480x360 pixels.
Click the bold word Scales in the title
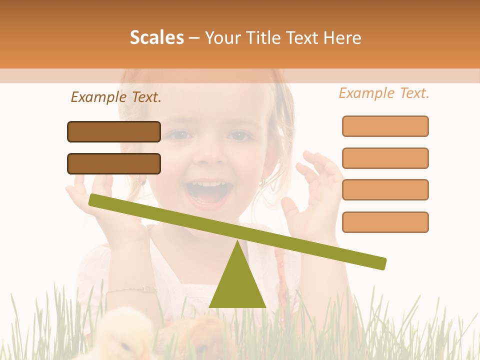point(157,37)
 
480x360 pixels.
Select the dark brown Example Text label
point(116,97)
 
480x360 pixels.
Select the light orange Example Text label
point(384,93)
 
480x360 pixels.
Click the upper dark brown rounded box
point(114,131)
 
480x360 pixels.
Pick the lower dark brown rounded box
point(114,163)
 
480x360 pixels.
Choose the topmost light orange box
point(385,126)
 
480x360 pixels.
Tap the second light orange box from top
point(385,158)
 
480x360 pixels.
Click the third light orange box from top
point(385,190)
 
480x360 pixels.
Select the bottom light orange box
point(385,222)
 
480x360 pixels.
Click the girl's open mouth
point(205,193)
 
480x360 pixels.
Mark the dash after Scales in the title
point(194,38)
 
